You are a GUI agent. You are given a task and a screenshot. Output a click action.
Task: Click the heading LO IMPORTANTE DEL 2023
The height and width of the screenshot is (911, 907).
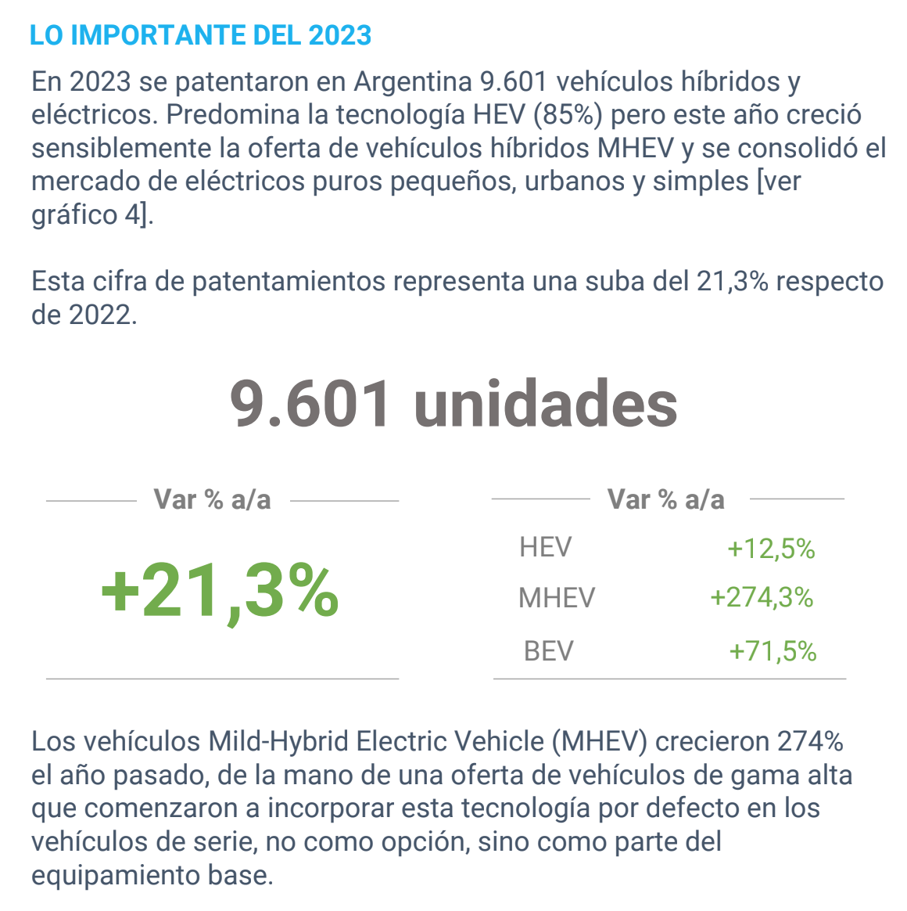click(x=200, y=35)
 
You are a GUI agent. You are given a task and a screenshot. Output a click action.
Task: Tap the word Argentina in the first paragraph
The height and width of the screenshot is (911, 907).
click(x=413, y=81)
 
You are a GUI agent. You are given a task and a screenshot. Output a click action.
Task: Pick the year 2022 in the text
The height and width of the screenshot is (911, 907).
click(x=99, y=315)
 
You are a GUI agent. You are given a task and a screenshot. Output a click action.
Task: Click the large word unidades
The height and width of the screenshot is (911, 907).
click(x=546, y=403)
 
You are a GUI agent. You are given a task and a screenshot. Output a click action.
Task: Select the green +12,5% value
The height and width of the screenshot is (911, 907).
click(x=771, y=549)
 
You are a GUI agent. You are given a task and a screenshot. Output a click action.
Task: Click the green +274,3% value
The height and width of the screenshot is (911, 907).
click(x=762, y=598)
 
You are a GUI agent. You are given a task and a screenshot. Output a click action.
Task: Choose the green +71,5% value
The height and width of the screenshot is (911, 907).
click(x=773, y=651)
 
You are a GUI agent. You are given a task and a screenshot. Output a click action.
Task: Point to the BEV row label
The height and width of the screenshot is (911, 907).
click(x=548, y=651)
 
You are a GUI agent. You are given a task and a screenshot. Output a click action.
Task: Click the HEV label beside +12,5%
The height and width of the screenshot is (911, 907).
click(x=546, y=547)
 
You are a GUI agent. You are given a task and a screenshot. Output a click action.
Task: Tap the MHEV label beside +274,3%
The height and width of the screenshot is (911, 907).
click(x=557, y=598)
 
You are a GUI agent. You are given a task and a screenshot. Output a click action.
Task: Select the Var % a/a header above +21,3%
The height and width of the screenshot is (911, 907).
click(x=213, y=499)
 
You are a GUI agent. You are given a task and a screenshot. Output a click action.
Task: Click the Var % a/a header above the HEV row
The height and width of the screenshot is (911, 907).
click(x=666, y=499)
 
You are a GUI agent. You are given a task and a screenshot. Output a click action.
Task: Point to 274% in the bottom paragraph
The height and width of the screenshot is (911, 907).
click(x=810, y=741)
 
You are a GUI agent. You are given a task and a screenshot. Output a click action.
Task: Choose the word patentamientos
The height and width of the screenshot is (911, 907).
click(x=289, y=283)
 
